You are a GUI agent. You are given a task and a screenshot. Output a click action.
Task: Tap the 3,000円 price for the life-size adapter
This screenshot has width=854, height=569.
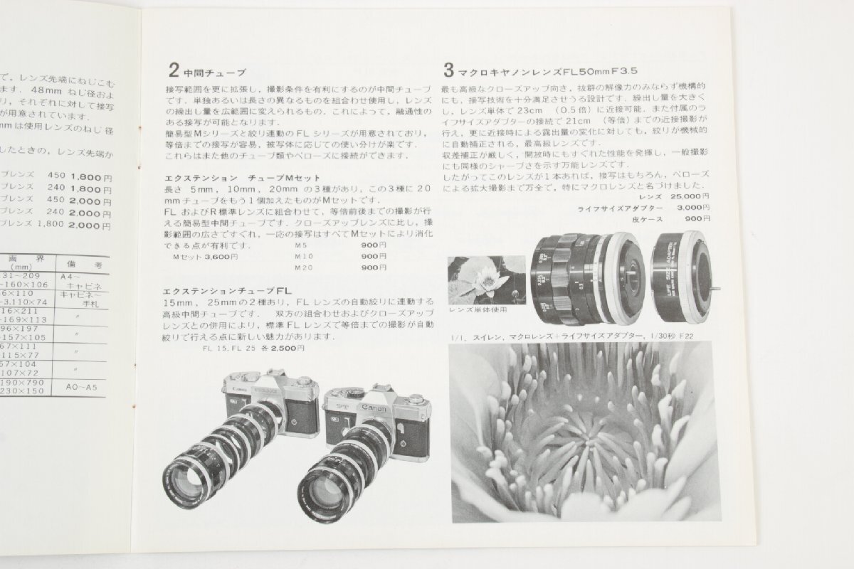pos(689,207)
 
